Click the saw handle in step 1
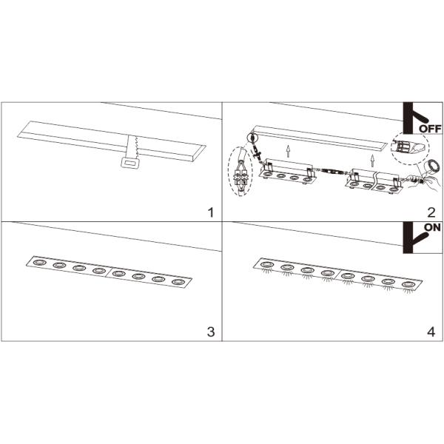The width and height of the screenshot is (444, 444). click(x=130, y=163)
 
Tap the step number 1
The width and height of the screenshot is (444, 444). click(x=210, y=212)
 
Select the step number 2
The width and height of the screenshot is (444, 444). click(x=431, y=212)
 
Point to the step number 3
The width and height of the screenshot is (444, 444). click(x=211, y=332)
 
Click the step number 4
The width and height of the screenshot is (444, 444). click(x=431, y=332)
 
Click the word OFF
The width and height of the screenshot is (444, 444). click(x=430, y=129)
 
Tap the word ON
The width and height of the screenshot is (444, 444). click(x=432, y=227)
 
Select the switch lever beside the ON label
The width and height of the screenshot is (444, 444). click(x=421, y=238)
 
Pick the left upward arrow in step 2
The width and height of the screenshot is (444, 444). click(x=288, y=151)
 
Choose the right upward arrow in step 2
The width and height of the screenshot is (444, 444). click(x=373, y=161)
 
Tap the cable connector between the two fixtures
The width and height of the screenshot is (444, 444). click(x=332, y=172)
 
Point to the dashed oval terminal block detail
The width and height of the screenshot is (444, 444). click(x=240, y=172)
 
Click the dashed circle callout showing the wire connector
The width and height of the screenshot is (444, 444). click(x=410, y=147)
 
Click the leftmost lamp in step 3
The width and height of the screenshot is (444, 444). click(x=40, y=263)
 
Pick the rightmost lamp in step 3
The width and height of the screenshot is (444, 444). click(x=178, y=282)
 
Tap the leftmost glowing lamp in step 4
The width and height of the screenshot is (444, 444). click(x=266, y=265)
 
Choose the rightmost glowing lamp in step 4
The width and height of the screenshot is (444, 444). click(x=408, y=284)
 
